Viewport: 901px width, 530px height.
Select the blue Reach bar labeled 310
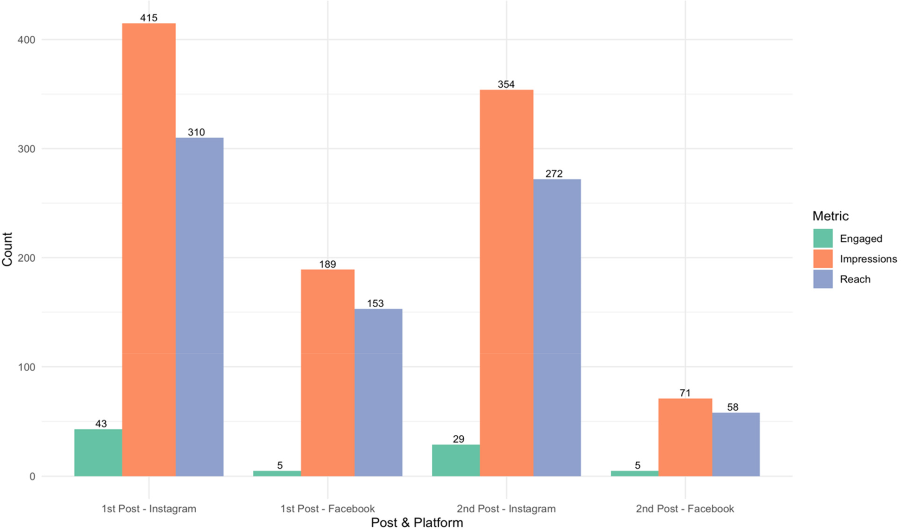click(199, 307)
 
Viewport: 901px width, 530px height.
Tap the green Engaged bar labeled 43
click(98, 452)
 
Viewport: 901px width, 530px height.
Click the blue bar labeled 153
click(378, 392)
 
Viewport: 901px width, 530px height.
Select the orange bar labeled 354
click(506, 283)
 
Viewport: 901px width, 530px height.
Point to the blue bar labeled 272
click(557, 328)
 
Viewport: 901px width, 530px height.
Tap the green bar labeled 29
click(456, 460)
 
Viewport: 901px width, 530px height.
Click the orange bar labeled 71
click(685, 437)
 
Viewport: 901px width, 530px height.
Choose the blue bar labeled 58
click(736, 444)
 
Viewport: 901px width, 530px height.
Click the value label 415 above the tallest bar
click(149, 18)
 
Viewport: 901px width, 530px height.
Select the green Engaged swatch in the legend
click(823, 239)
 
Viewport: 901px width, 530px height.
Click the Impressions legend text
click(868, 259)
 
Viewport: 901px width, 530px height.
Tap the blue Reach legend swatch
click(823, 279)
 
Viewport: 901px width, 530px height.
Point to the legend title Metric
click(830, 216)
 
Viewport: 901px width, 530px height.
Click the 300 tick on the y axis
click(26, 149)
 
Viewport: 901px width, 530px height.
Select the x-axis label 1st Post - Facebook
click(327, 509)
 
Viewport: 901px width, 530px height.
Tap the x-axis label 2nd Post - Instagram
click(506, 509)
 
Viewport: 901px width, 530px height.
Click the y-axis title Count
click(7, 249)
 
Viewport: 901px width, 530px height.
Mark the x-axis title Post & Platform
click(416, 523)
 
